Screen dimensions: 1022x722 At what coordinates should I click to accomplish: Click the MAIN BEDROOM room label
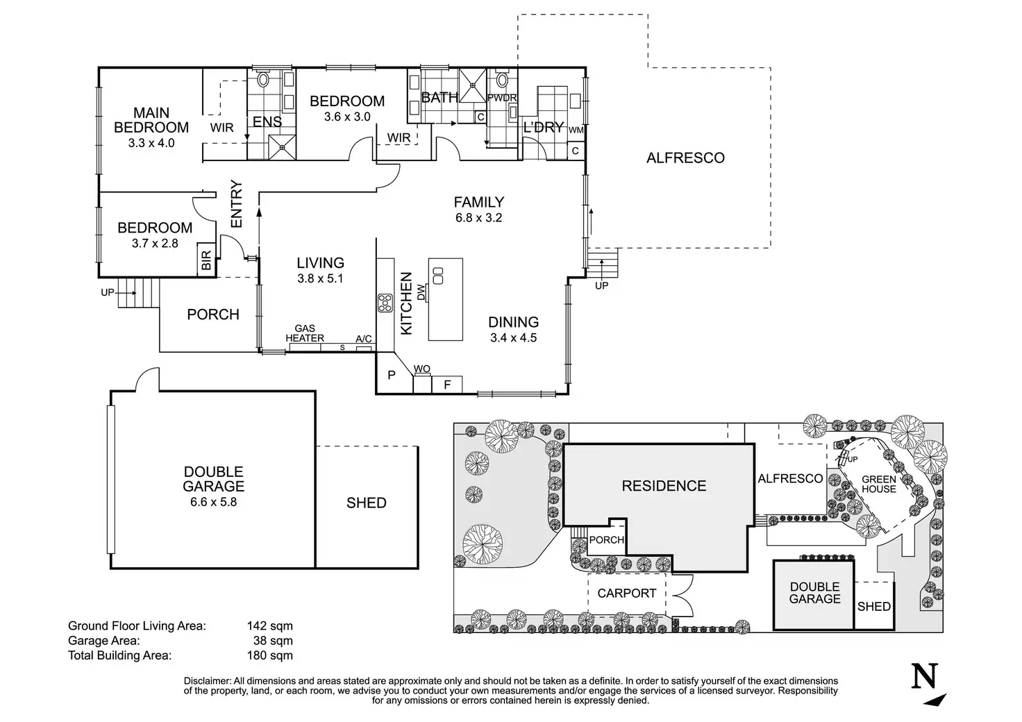pyautogui.click(x=151, y=120)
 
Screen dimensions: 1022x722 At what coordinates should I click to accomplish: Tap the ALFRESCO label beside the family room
pyautogui.click(x=685, y=158)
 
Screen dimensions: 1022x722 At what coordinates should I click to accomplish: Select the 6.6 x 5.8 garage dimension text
pyautogui.click(x=213, y=501)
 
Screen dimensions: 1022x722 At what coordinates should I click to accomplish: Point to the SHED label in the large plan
pyautogui.click(x=366, y=503)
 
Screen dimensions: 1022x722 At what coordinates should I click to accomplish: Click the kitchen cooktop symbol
pyautogui.click(x=385, y=303)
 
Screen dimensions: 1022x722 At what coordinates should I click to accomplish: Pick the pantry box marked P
pyautogui.click(x=392, y=376)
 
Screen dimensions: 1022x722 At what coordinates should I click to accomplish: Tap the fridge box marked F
pyautogui.click(x=448, y=384)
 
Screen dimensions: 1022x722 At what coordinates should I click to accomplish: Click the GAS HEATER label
pyautogui.click(x=305, y=333)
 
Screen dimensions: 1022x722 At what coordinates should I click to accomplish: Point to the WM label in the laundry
pyautogui.click(x=576, y=131)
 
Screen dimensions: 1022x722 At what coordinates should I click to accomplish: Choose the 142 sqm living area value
pyautogui.click(x=269, y=626)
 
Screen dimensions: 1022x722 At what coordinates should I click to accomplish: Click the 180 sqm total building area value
pyautogui.click(x=269, y=655)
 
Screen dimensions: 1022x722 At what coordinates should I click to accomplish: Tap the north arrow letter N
pyautogui.click(x=924, y=677)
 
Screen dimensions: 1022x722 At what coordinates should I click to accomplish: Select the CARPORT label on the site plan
pyautogui.click(x=626, y=594)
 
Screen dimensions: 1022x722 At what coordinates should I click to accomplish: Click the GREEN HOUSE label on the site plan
pyautogui.click(x=879, y=484)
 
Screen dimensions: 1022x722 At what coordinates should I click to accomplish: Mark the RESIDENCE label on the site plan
pyautogui.click(x=664, y=486)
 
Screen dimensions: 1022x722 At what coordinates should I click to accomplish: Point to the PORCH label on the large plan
pyautogui.click(x=213, y=314)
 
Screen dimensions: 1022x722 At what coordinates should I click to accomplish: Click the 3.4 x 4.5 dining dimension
pyautogui.click(x=513, y=339)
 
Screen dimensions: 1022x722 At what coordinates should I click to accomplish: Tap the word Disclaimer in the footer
pyautogui.click(x=208, y=681)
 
